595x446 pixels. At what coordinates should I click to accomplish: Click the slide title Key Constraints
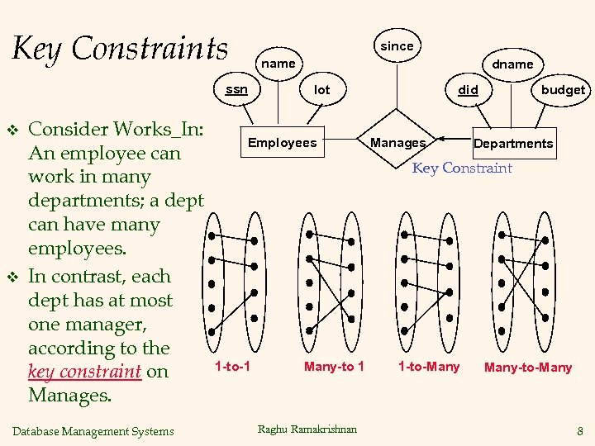click(x=120, y=49)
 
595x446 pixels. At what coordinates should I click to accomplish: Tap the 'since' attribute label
click(x=397, y=46)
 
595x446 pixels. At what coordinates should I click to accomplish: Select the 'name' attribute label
click(x=278, y=64)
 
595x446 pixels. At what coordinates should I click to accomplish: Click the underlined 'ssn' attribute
click(x=236, y=89)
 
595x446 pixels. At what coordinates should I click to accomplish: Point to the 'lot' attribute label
click(x=322, y=89)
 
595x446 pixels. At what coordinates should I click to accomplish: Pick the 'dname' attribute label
click(x=512, y=64)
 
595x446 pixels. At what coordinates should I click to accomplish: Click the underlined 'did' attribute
click(x=468, y=89)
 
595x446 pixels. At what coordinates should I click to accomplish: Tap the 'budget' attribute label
click(x=563, y=90)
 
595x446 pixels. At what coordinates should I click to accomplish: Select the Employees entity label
click(x=283, y=143)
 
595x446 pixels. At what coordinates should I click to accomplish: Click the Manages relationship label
click(x=397, y=143)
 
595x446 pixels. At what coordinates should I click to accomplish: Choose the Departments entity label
click(x=513, y=144)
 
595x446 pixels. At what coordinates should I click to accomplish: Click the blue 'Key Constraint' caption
click(x=462, y=168)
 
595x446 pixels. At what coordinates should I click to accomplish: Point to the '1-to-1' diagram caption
click(x=233, y=366)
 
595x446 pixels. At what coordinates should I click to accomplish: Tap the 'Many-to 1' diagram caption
click(x=334, y=366)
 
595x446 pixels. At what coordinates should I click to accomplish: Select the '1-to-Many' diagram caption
click(x=429, y=366)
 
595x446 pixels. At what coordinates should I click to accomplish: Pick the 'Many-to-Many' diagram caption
click(x=528, y=368)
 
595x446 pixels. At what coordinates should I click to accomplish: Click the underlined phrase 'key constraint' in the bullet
click(x=84, y=372)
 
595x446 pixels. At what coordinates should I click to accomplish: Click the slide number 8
click(x=580, y=430)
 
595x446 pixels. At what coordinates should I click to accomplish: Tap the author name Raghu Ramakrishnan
click(x=307, y=429)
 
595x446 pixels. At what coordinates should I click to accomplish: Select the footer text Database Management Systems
click(x=94, y=431)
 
